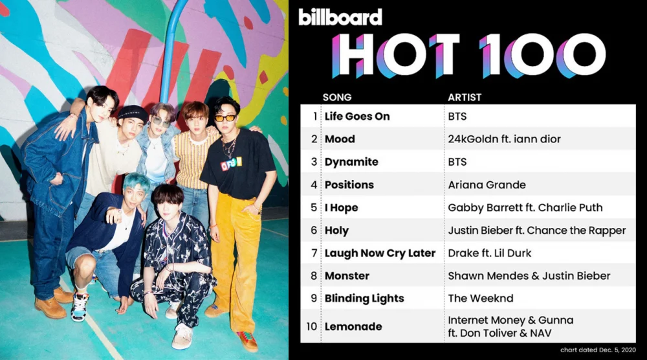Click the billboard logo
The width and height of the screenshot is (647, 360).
click(340, 17)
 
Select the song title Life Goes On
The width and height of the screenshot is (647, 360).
click(357, 117)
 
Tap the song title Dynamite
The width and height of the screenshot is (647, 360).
click(351, 162)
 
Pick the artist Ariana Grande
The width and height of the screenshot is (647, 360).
click(487, 185)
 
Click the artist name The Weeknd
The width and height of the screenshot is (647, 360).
click(480, 298)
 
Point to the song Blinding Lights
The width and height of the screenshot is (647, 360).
click(364, 298)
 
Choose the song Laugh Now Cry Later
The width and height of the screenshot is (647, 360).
click(380, 253)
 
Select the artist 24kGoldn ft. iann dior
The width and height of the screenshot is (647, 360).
click(504, 139)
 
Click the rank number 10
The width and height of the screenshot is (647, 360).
click(312, 326)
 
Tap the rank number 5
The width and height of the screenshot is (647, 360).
click(314, 208)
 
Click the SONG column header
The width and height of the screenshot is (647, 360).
click(337, 97)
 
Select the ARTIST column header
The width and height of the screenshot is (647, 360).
click(465, 97)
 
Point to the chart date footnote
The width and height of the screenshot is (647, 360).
click(598, 350)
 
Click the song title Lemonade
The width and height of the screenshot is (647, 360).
click(353, 326)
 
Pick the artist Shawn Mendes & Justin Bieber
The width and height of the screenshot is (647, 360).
click(529, 276)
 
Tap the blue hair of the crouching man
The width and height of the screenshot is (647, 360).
click(137, 183)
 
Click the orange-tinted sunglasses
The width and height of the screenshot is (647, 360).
click(225, 118)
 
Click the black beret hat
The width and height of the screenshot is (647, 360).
click(132, 112)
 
